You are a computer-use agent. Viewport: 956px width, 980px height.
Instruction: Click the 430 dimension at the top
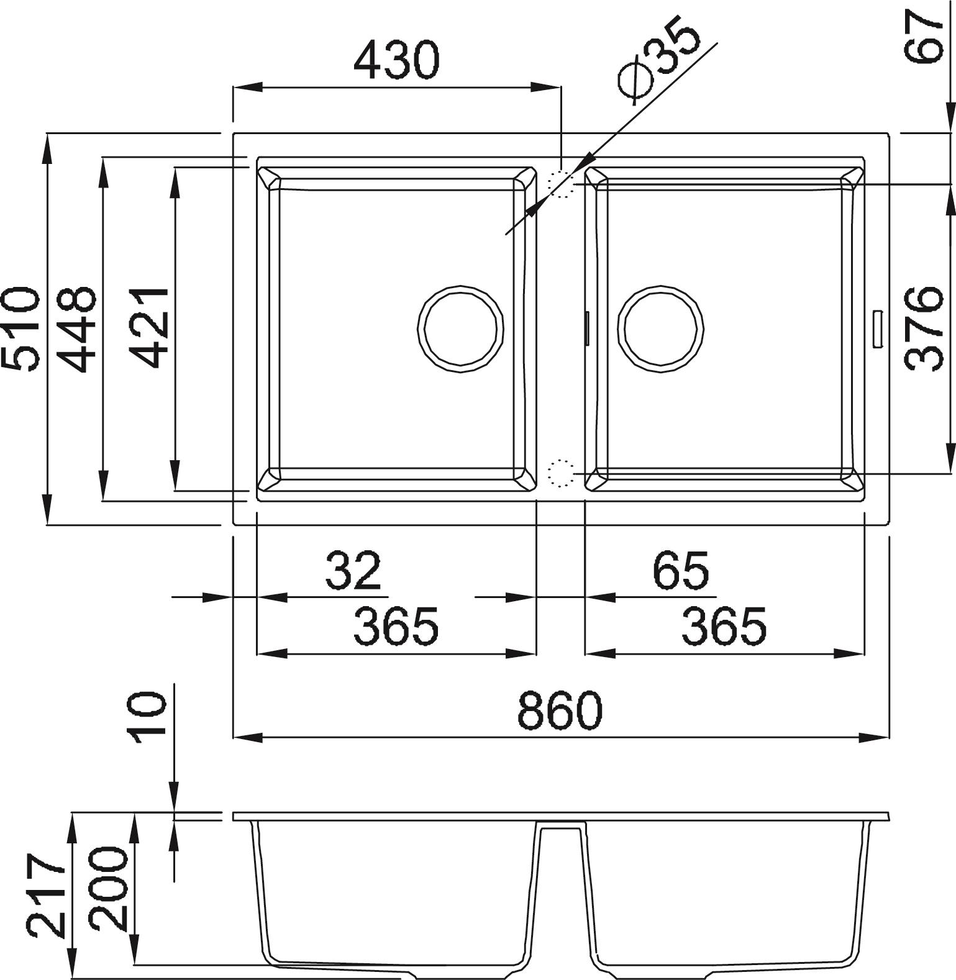(x=396, y=60)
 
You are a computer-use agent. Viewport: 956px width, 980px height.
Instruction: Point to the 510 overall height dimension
(x=22, y=329)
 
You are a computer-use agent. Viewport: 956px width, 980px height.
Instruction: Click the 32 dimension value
(x=353, y=570)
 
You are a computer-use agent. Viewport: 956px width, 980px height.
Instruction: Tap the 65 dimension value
(x=681, y=570)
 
